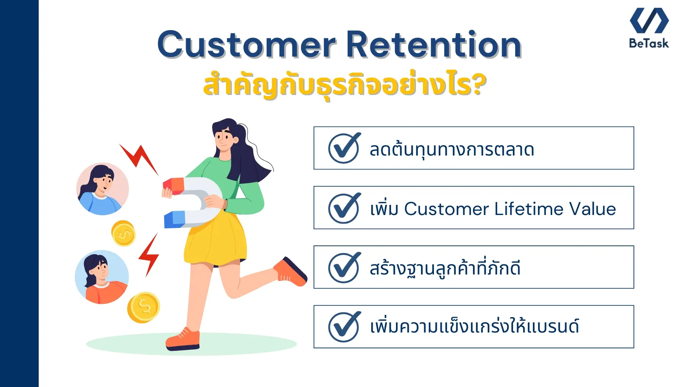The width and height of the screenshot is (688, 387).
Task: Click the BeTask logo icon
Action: click(x=649, y=20)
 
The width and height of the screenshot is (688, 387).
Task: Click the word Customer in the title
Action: click(x=247, y=45)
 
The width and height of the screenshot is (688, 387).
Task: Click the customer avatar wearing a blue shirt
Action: click(x=102, y=189)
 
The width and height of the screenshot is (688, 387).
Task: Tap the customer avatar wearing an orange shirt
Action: click(x=102, y=277)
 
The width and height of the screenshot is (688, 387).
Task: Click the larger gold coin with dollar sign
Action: click(x=144, y=307)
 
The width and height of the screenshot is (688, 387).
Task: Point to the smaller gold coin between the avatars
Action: click(x=123, y=234)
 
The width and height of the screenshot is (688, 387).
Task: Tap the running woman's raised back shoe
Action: click(x=291, y=272)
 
